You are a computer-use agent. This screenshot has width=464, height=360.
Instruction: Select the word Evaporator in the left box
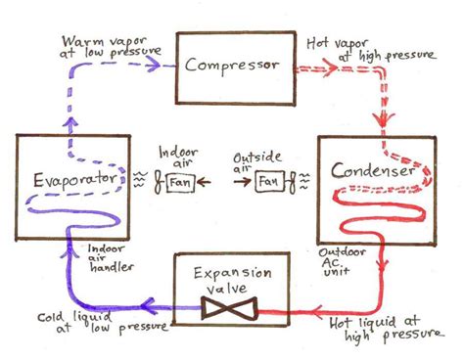pos(62,182)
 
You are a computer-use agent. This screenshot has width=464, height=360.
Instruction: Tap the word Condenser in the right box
pos(375,173)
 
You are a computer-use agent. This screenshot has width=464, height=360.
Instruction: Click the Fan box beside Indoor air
pos(180,181)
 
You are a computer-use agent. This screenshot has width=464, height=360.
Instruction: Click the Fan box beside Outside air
pos(266,181)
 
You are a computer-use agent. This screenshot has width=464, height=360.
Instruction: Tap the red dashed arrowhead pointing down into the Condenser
pos(378,126)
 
